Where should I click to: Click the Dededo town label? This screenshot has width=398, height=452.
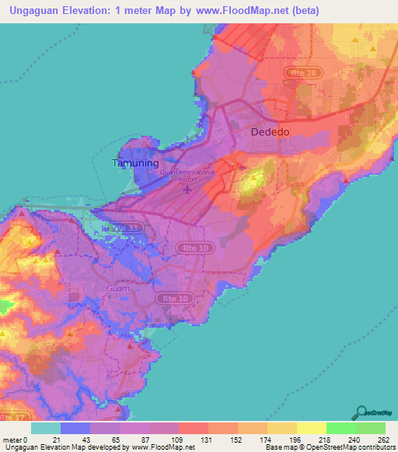point(270,132)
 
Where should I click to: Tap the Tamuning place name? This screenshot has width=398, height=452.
point(136,164)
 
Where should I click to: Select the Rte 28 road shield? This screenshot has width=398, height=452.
point(297,72)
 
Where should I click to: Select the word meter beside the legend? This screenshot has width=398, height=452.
point(12,439)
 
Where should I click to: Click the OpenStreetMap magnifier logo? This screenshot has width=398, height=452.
point(361,414)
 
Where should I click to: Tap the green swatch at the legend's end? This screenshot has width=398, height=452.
point(371,428)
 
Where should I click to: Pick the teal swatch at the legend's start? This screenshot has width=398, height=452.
point(46,428)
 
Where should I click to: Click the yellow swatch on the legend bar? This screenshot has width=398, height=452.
point(312,428)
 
